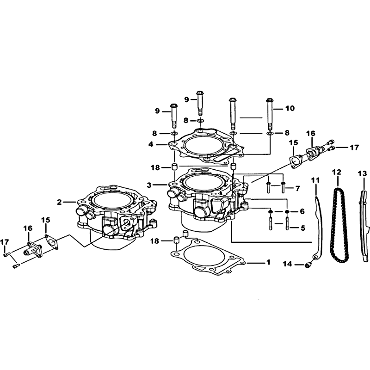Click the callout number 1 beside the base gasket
pos(268,262)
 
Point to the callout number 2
pos(59,202)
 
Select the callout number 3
pos(149,185)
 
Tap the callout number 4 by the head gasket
pos(151,144)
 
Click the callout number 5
pos(303,228)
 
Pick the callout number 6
pos(302,211)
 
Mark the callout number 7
pos(297,188)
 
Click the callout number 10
pos(290,108)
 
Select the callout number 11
pos(315,181)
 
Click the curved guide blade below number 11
pos(319,227)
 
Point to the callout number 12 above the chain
pos(337,172)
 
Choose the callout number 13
pos(363,174)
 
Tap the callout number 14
pos(288,264)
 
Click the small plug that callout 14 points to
pos(308,265)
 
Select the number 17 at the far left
pos(5,242)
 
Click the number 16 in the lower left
pos(28,228)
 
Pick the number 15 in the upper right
pos(294,143)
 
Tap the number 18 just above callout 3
pos(155,167)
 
